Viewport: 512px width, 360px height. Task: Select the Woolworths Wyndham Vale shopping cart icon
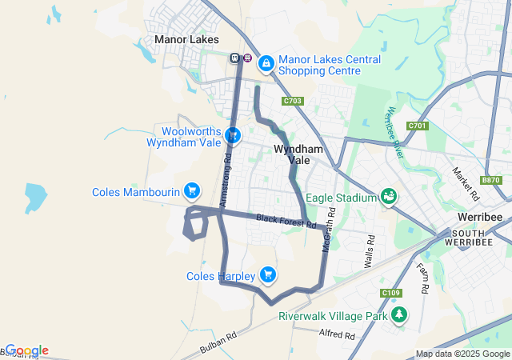coord(233,135)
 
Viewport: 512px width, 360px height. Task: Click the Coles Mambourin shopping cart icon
coord(191,190)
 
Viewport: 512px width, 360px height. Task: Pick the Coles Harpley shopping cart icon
coord(268,275)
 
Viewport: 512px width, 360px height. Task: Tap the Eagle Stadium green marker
coord(389,196)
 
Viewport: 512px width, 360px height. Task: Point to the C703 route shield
coord(292,101)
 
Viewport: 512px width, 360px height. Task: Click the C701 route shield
coord(417,126)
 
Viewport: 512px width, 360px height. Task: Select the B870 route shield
coord(491,180)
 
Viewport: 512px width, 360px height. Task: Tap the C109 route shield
coord(391,293)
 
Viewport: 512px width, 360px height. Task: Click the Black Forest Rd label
coord(286,221)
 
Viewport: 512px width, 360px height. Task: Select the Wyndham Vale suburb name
coord(298,154)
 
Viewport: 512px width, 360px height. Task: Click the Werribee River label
coord(400,128)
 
